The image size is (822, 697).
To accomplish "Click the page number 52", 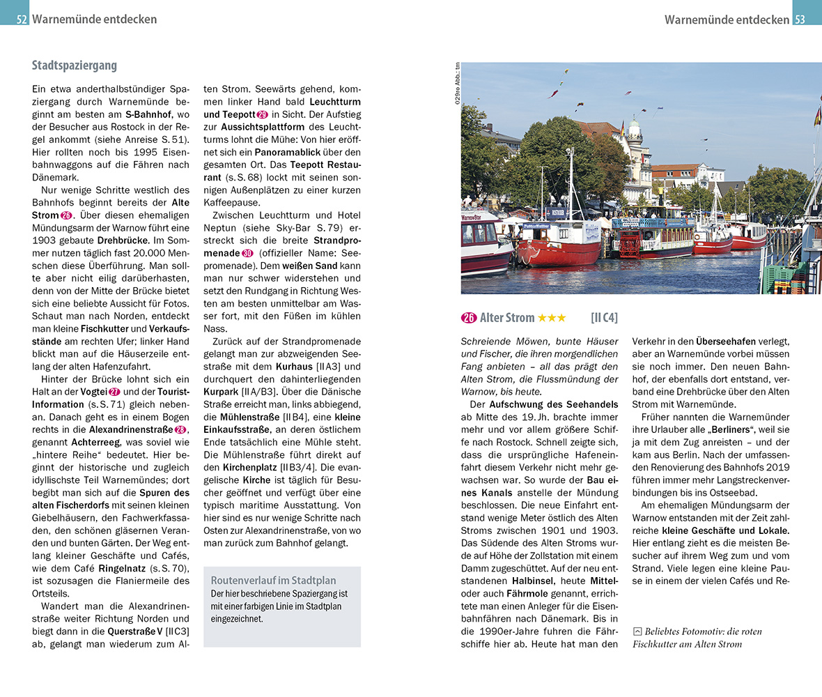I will pyautogui.click(x=22, y=20).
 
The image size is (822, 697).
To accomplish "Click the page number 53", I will pyautogui.click(x=800, y=20).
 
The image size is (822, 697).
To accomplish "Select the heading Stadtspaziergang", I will pyautogui.click(x=75, y=66).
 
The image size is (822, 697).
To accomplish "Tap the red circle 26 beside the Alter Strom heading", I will pyautogui.click(x=469, y=318).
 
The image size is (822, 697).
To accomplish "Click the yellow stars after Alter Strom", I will pyautogui.click(x=552, y=318).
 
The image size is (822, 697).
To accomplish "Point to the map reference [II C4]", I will pyautogui.click(x=604, y=318).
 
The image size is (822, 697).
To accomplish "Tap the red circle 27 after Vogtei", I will pyautogui.click(x=115, y=392).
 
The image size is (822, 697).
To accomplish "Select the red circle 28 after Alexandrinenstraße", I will pyautogui.click(x=181, y=430).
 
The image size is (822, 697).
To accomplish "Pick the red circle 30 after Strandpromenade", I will pyautogui.click(x=247, y=253).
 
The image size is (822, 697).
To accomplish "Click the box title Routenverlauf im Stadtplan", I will pyautogui.click(x=273, y=581).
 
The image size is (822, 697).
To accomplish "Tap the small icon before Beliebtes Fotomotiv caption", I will pyautogui.click(x=637, y=631).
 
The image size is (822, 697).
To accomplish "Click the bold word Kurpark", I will pyautogui.click(x=222, y=392).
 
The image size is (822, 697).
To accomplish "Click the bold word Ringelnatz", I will pyautogui.click(x=110, y=569).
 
